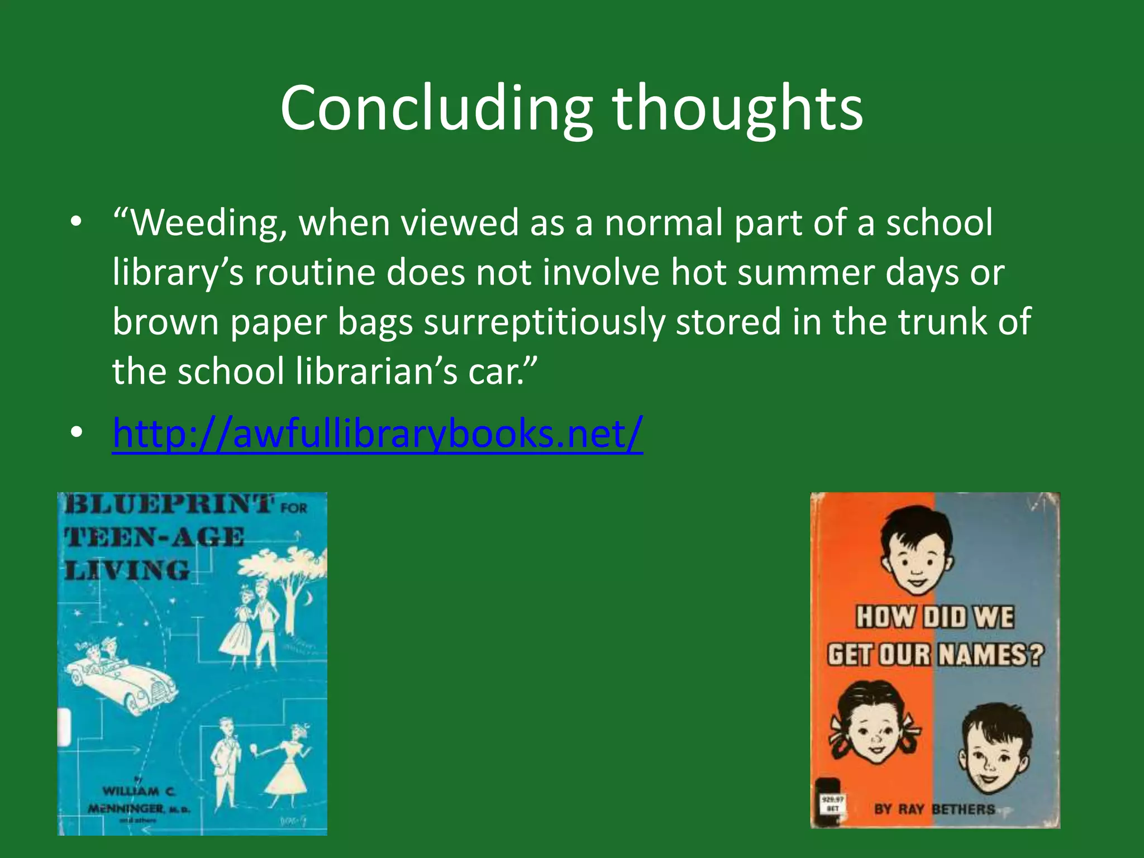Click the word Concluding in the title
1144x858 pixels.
[x=436, y=109]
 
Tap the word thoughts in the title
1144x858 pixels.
[x=737, y=109]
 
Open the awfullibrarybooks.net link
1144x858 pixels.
[x=378, y=433]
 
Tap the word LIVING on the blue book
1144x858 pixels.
[x=127, y=571]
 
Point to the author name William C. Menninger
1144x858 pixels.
[x=140, y=800]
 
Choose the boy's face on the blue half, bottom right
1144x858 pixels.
[x=995, y=749]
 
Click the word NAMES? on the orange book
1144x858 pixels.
[x=989, y=655]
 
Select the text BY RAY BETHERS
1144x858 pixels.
[x=935, y=809]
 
